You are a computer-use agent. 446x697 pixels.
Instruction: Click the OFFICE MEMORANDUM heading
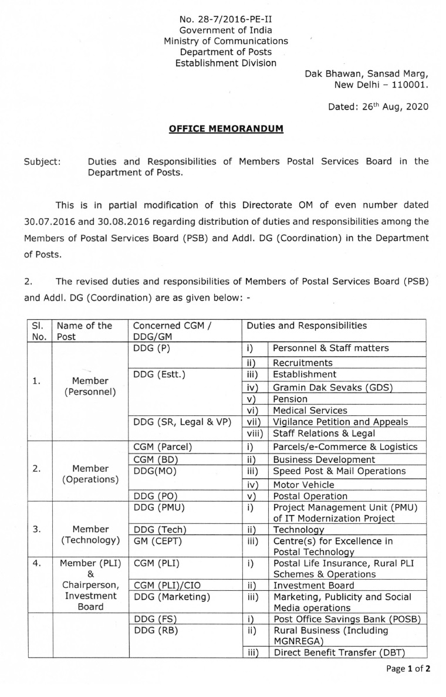click(x=226, y=128)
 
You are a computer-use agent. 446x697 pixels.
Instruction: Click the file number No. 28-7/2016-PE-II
click(x=226, y=19)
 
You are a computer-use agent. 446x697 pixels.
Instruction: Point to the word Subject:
click(x=42, y=161)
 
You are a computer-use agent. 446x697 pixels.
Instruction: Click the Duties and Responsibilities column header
click(x=307, y=326)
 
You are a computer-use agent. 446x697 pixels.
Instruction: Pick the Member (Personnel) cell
click(x=90, y=387)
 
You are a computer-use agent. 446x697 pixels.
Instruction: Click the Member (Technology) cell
click(x=90, y=534)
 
